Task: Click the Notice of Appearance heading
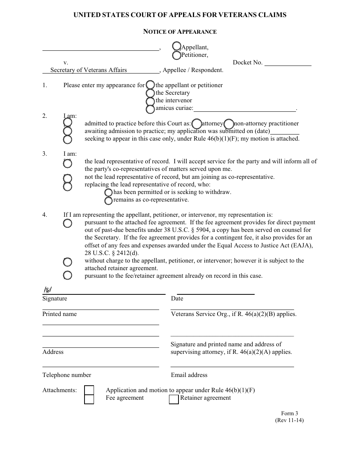click(180, 32)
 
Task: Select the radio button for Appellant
click(177, 46)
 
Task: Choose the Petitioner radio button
click(177, 55)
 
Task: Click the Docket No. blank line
click(287, 63)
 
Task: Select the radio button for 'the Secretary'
click(150, 93)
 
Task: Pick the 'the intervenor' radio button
click(150, 101)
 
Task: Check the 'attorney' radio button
click(197, 124)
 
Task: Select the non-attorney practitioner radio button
click(229, 124)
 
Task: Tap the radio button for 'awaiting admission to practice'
click(67, 131)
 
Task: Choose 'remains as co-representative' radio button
click(108, 200)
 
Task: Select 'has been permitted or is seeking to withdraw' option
click(108, 192)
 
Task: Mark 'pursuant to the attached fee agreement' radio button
click(67, 223)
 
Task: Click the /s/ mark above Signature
click(47, 290)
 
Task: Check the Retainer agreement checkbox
click(174, 399)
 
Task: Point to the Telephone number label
click(67, 375)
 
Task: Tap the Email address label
click(189, 375)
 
